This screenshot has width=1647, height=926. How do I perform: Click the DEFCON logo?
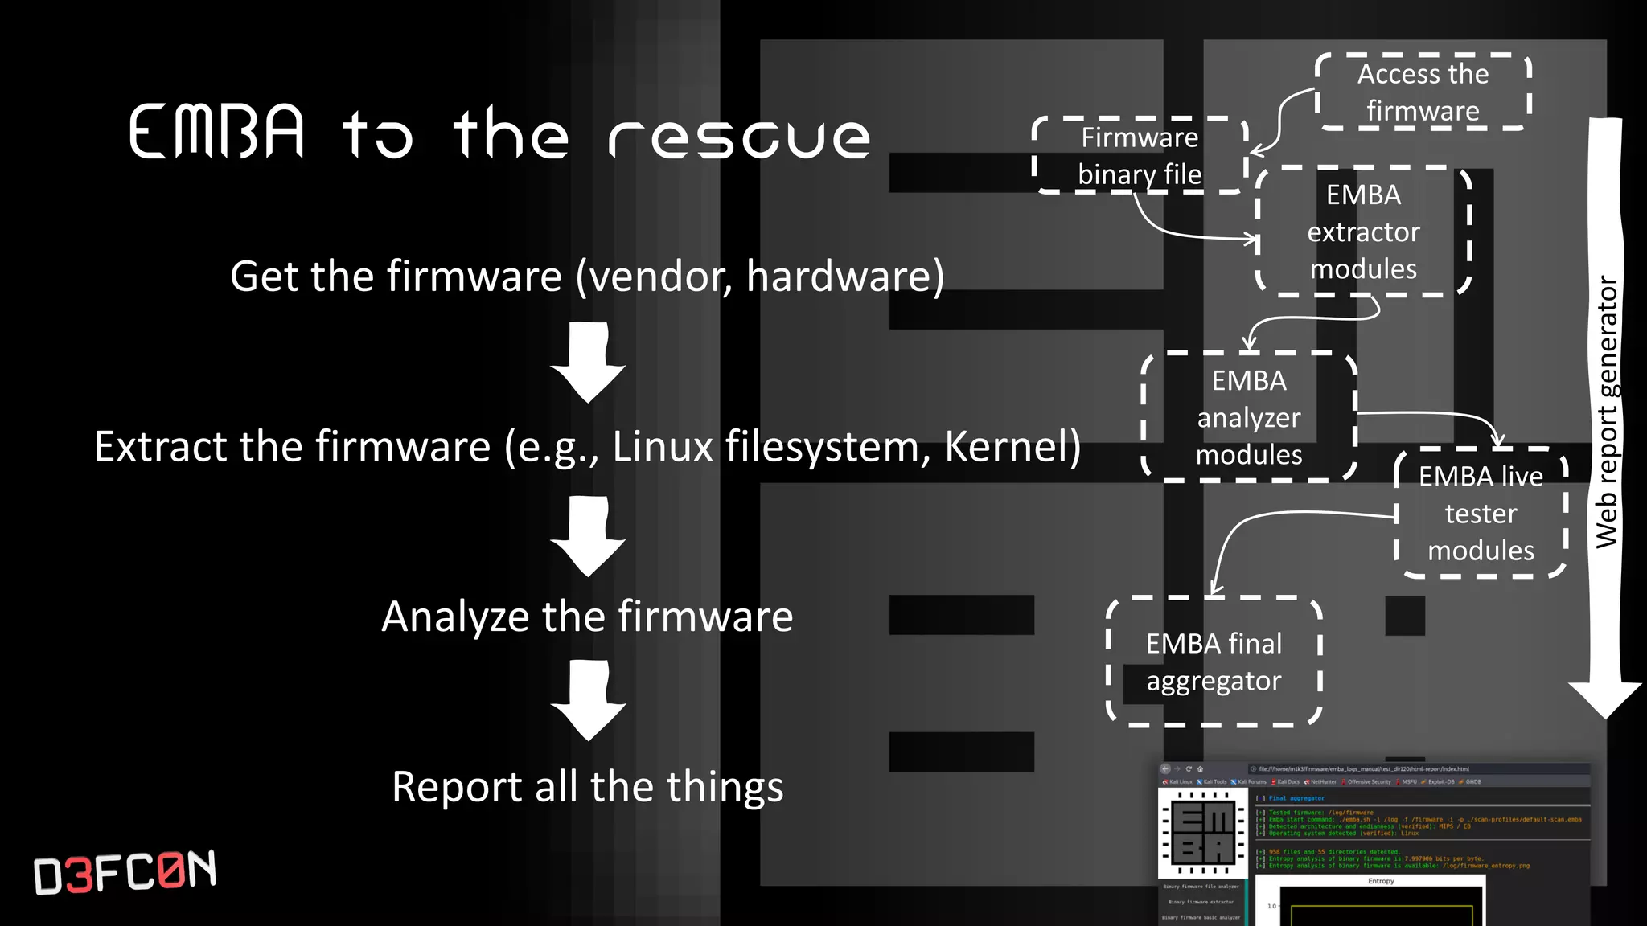[125, 871]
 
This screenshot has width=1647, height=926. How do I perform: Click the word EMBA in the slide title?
[217, 132]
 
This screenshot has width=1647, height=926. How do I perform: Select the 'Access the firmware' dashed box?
[1423, 92]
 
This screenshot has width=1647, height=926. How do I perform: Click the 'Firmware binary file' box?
[1140, 156]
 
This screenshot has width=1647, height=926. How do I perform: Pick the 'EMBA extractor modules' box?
[1363, 231]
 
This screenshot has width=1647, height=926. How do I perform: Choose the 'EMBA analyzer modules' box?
[1249, 417]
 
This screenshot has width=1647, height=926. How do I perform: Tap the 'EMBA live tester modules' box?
[1481, 513]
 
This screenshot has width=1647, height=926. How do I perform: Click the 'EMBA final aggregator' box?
[1214, 662]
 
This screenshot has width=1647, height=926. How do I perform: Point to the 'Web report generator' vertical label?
[1606, 412]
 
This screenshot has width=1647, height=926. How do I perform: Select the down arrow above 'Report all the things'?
[588, 700]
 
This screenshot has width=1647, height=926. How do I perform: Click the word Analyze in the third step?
[455, 617]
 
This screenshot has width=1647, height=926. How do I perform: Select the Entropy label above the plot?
[1381, 881]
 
